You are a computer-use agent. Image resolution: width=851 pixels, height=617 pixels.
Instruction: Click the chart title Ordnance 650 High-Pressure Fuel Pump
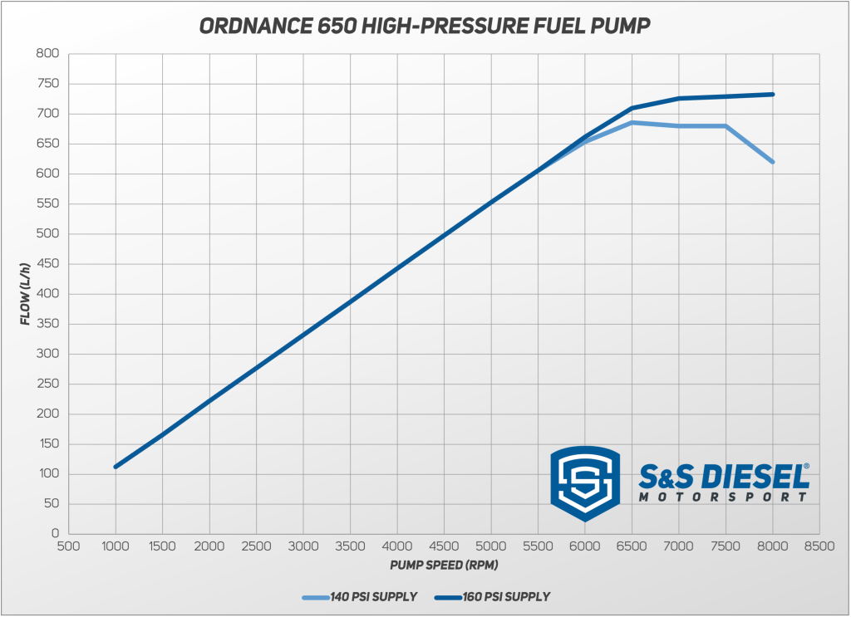pyautogui.click(x=425, y=27)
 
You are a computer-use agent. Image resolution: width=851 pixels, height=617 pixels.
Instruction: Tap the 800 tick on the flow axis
pyautogui.click(x=47, y=54)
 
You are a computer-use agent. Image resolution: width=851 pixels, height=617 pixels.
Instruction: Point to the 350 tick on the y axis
pyautogui.click(x=47, y=324)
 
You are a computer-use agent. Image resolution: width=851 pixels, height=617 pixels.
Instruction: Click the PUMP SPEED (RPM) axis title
pyautogui.click(x=443, y=565)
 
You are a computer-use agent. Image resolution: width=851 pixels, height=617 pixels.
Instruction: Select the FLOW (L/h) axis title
pyautogui.click(x=27, y=293)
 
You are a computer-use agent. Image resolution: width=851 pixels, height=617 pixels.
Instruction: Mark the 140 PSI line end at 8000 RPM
pyautogui.click(x=773, y=162)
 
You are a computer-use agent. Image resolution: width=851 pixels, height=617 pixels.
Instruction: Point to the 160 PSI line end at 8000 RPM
pyautogui.click(x=773, y=94)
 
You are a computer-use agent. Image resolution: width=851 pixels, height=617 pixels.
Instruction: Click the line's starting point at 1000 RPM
pyautogui.click(x=116, y=467)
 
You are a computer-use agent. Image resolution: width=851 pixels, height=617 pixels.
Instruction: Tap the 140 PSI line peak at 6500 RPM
pyautogui.click(x=632, y=122)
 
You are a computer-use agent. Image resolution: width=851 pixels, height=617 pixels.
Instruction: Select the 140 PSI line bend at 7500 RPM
pyautogui.click(x=726, y=126)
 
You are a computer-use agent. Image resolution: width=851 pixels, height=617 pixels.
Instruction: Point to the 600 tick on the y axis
pyautogui.click(x=47, y=174)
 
